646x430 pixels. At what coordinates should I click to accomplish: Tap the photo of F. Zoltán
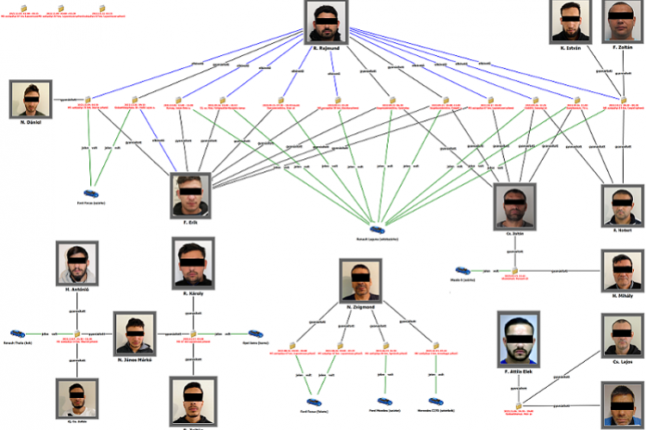[622, 21]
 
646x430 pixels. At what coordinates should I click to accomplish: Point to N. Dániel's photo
[33, 99]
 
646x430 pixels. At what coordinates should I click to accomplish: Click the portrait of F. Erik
[192, 196]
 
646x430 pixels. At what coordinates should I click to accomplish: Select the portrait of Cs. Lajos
[621, 335]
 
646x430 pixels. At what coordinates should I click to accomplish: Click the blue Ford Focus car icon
[91, 194]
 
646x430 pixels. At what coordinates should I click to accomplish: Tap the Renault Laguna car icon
[376, 229]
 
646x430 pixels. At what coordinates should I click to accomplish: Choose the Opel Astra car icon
[255, 332]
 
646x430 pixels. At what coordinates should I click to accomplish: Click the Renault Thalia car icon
[18, 332]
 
